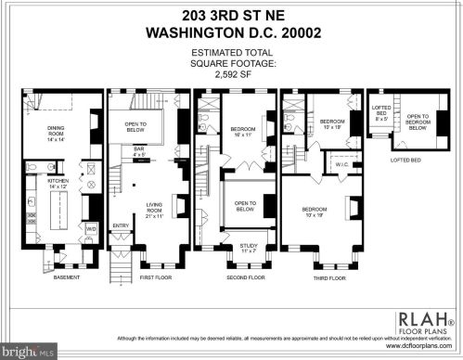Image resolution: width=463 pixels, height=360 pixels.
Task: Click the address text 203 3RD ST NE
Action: coord(231,12)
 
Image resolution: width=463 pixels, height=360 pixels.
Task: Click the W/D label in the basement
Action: coord(91,227)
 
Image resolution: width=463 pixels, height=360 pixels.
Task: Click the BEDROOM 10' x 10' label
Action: coord(331,124)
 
